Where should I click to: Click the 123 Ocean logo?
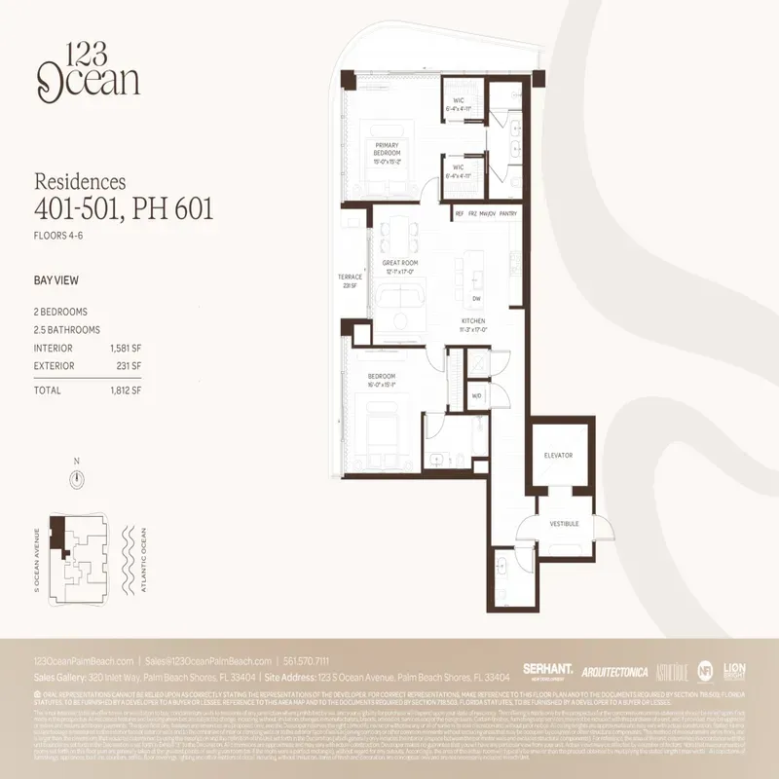[89, 70]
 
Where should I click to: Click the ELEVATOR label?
[558, 455]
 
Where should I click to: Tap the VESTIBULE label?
[565, 523]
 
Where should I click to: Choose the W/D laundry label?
[476, 396]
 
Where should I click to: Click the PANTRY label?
[508, 213]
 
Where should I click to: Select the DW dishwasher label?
[475, 299]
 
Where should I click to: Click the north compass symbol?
[77, 478]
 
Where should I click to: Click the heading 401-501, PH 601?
[124, 207]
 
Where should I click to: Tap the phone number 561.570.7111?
[315, 660]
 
